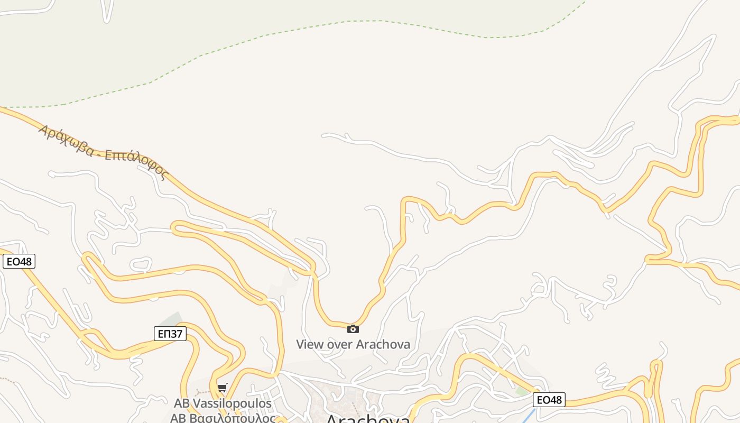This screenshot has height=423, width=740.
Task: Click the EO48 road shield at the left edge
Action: (x=19, y=261)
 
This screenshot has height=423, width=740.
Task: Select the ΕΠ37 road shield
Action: (x=170, y=334)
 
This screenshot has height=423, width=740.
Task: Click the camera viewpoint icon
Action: (x=353, y=329)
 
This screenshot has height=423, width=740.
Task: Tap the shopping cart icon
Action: (x=222, y=389)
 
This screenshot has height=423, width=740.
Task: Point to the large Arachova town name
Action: (x=368, y=419)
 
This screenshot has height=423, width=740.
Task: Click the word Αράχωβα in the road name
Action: (x=64, y=139)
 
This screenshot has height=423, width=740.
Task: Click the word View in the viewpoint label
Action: (x=310, y=344)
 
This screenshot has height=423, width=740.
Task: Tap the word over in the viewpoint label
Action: (x=340, y=344)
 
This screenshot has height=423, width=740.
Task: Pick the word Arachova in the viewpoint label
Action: (x=383, y=344)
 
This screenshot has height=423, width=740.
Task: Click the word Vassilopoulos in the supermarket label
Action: (x=232, y=403)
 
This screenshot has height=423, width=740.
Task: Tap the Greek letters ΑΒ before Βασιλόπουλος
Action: (x=178, y=418)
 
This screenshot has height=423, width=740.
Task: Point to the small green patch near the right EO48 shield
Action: (x=522, y=391)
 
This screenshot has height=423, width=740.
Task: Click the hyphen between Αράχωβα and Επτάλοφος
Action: (x=98, y=152)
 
